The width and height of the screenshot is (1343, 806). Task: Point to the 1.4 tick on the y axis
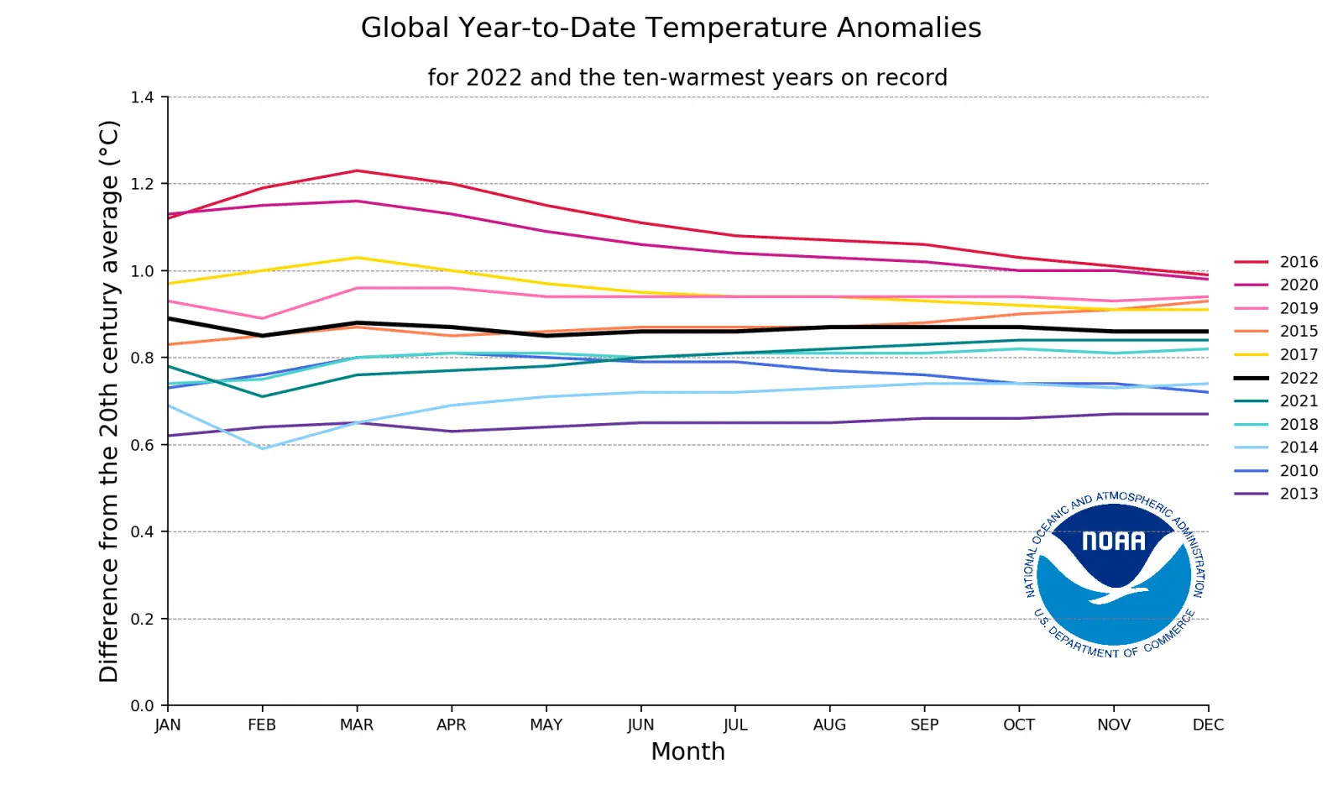(x=142, y=97)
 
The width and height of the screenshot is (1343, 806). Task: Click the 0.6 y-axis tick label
(x=142, y=445)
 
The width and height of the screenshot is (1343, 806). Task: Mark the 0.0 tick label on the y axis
(x=142, y=706)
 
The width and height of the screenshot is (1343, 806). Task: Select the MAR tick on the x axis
(x=357, y=725)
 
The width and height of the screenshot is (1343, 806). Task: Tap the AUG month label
(x=829, y=725)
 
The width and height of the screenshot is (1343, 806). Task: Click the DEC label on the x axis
(x=1208, y=725)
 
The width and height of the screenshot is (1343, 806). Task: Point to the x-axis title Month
(x=687, y=751)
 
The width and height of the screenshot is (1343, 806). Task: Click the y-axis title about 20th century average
(x=109, y=401)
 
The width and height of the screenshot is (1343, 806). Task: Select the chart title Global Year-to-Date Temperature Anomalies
(x=671, y=28)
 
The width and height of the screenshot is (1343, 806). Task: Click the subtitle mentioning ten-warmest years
(x=687, y=77)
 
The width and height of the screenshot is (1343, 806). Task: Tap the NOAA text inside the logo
(x=1113, y=542)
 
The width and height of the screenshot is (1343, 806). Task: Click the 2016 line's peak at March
(x=357, y=170)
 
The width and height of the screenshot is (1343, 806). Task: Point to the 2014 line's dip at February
(x=263, y=448)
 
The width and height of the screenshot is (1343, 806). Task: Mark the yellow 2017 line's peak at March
(x=357, y=257)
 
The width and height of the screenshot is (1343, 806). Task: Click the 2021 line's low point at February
(x=263, y=396)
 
